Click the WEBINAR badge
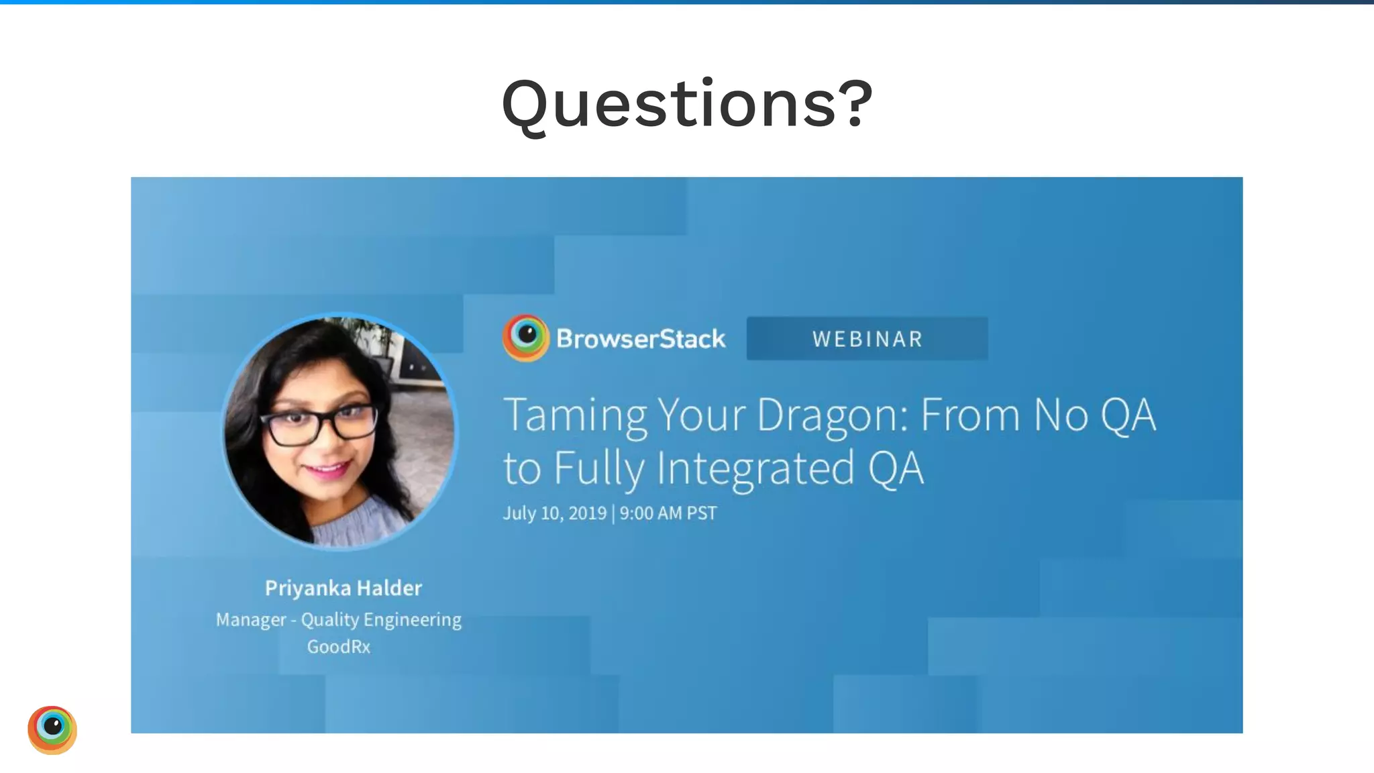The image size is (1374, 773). [867, 339]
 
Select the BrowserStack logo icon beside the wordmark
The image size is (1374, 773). [525, 338]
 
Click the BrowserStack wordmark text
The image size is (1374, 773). [641, 339]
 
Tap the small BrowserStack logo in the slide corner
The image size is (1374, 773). [52, 729]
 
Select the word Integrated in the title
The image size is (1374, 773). [755, 468]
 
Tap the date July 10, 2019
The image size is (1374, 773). [555, 513]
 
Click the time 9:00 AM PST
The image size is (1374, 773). [668, 513]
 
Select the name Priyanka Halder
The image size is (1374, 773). [343, 588]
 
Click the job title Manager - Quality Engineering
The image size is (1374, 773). [339, 619]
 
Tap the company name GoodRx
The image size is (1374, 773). [339, 647]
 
